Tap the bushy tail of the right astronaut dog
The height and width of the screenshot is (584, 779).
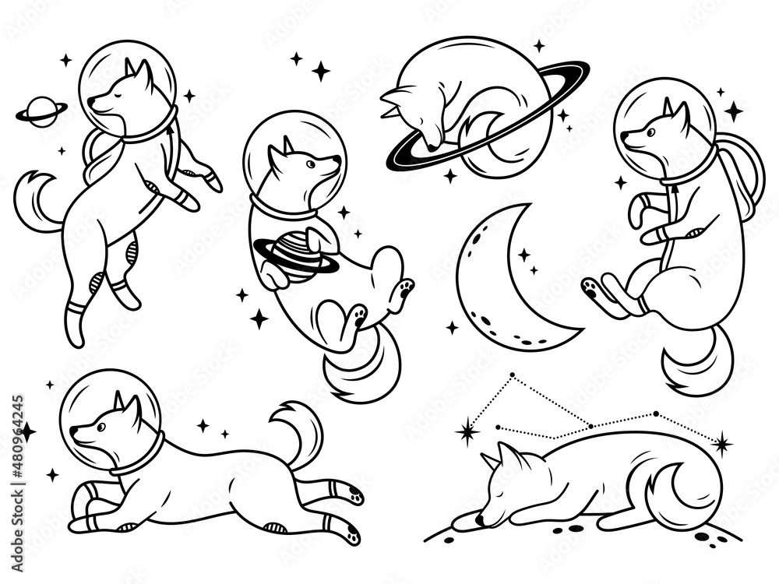(x=697, y=358)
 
